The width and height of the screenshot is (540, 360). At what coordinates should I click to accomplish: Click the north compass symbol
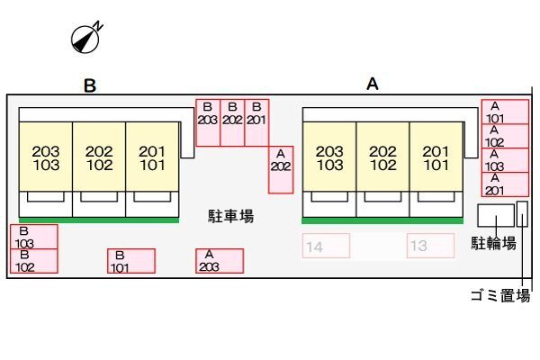pyautogui.click(x=85, y=38)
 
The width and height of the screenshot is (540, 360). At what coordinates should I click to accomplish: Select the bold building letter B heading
pyautogui.click(x=90, y=85)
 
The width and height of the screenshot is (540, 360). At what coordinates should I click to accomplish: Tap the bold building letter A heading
pyautogui.click(x=373, y=84)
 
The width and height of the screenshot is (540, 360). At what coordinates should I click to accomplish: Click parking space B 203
pyautogui.click(x=208, y=122)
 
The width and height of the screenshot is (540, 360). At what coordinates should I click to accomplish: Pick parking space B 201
pyautogui.click(x=256, y=122)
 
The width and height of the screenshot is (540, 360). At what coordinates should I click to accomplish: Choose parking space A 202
pyautogui.click(x=281, y=169)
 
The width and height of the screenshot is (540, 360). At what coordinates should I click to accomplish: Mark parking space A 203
pyautogui.click(x=220, y=261)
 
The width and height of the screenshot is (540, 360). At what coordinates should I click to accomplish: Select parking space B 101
pyautogui.click(x=131, y=261)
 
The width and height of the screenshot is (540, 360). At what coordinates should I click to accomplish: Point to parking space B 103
pyautogui.click(x=34, y=237)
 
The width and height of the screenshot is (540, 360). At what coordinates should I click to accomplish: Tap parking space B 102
pyautogui.click(x=34, y=261)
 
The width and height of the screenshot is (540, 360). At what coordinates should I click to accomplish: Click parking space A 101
pyautogui.click(x=505, y=112)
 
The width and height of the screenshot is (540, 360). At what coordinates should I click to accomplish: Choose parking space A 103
pyautogui.click(x=505, y=160)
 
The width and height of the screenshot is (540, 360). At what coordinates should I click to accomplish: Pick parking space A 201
pyautogui.click(x=505, y=184)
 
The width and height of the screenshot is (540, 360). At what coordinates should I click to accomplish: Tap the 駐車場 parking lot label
pyautogui.click(x=231, y=216)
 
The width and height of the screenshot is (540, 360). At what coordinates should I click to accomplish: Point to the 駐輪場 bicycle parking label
pyautogui.click(x=493, y=243)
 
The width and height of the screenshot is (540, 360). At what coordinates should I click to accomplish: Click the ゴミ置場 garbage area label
pyautogui.click(x=500, y=295)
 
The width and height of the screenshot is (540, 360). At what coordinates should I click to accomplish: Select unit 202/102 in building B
pyautogui.click(x=99, y=156)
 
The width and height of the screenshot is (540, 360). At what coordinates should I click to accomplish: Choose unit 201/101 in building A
pyautogui.click(x=436, y=156)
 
